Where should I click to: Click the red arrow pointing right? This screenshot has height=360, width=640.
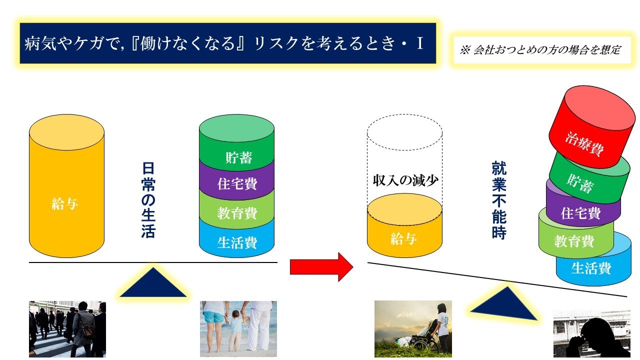tap(321, 267)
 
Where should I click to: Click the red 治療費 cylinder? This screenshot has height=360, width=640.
tap(592, 126)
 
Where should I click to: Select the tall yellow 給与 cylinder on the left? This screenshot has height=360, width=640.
tap(66, 186)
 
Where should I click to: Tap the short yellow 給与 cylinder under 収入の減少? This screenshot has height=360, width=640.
tap(404, 225)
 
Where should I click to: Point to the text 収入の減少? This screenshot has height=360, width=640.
tap(405, 180)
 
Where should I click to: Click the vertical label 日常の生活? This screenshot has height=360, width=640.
tap(148, 200)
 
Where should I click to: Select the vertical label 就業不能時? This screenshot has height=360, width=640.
tap(499, 200)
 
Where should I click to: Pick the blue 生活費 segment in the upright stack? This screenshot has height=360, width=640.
tap(236, 239)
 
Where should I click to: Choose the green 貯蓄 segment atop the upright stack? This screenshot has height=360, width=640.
tap(236, 142)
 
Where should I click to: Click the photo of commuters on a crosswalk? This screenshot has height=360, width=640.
tap(67, 329)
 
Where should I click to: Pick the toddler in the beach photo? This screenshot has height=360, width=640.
tap(235, 330)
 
